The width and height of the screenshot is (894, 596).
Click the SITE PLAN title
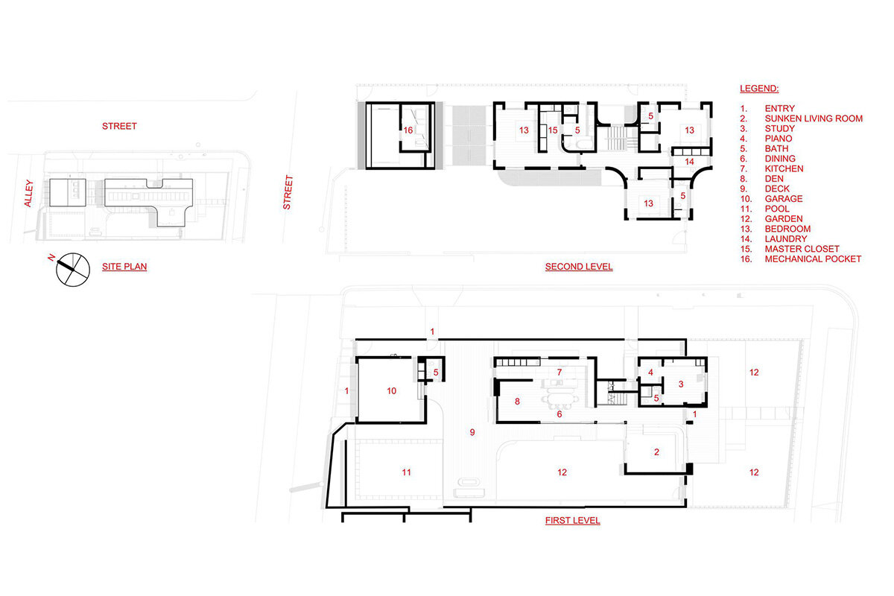124,267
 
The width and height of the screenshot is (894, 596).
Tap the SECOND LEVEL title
579,267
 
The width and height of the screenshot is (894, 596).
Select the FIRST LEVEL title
573,521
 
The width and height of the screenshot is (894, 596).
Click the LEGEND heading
759,89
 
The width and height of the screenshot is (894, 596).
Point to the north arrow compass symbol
72,269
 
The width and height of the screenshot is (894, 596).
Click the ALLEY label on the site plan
28,194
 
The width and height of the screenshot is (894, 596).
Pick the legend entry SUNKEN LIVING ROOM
814,118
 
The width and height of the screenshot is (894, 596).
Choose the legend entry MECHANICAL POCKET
813,259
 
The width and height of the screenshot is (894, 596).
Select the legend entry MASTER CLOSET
802,249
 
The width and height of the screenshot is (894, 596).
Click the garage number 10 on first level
392,391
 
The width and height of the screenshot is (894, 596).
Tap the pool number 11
406,472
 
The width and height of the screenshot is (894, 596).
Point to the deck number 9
472,432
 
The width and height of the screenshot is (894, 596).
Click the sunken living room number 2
656,452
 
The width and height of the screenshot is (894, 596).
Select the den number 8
517,402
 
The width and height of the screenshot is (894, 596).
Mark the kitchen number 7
559,372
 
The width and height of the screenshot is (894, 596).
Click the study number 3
681,384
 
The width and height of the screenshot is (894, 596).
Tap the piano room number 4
650,372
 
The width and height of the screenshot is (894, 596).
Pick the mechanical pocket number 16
408,130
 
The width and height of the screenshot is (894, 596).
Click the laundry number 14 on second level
689,162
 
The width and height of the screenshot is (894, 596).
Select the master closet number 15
553,130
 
